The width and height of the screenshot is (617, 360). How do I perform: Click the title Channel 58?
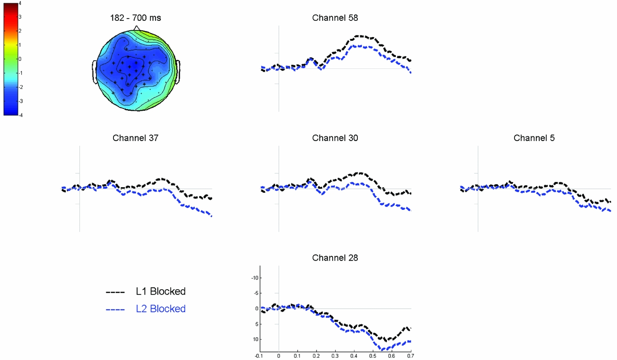click(x=335, y=18)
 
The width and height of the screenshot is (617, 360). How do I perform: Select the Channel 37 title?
click(x=135, y=138)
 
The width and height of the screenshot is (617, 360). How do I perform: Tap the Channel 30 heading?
click(x=335, y=138)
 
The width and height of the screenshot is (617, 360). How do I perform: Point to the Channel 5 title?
click(x=534, y=138)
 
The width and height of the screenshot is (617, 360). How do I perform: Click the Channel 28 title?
click(x=335, y=258)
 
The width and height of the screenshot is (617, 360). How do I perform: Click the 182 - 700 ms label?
click(x=136, y=18)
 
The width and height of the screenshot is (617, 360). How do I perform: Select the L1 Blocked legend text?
click(x=160, y=292)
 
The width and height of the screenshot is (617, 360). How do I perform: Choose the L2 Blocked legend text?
click(x=160, y=309)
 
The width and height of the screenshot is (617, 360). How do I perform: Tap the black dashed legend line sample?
click(x=115, y=292)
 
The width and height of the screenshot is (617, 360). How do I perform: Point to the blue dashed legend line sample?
click(x=115, y=309)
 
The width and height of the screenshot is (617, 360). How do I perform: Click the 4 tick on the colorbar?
click(x=20, y=3)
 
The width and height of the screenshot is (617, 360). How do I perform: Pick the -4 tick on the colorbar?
click(x=19, y=115)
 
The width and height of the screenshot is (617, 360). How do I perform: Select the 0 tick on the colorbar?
click(x=20, y=59)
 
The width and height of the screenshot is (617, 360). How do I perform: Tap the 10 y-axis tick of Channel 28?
click(x=255, y=339)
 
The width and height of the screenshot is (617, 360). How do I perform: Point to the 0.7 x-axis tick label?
click(x=411, y=355)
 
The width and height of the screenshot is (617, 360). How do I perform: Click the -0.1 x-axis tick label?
click(x=259, y=355)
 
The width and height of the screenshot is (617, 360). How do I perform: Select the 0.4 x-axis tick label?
click(x=354, y=355)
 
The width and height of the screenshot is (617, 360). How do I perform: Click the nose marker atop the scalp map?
click(x=137, y=28)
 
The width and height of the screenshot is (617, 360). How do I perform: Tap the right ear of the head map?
click(x=178, y=71)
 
